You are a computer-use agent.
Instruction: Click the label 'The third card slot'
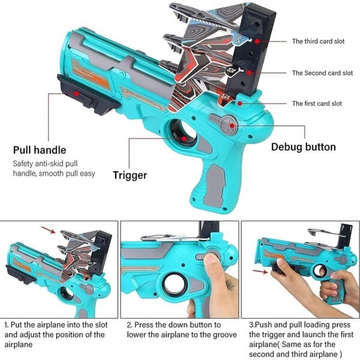coord(322,41)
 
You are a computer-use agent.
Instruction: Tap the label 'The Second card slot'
coord(322,73)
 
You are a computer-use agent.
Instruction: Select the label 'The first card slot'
coord(317,104)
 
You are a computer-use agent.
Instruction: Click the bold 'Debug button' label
coord(303,147)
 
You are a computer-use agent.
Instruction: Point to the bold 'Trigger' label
coord(130,175)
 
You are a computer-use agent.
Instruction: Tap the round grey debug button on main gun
coord(227,126)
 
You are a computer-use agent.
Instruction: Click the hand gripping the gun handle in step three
coord(336,288)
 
